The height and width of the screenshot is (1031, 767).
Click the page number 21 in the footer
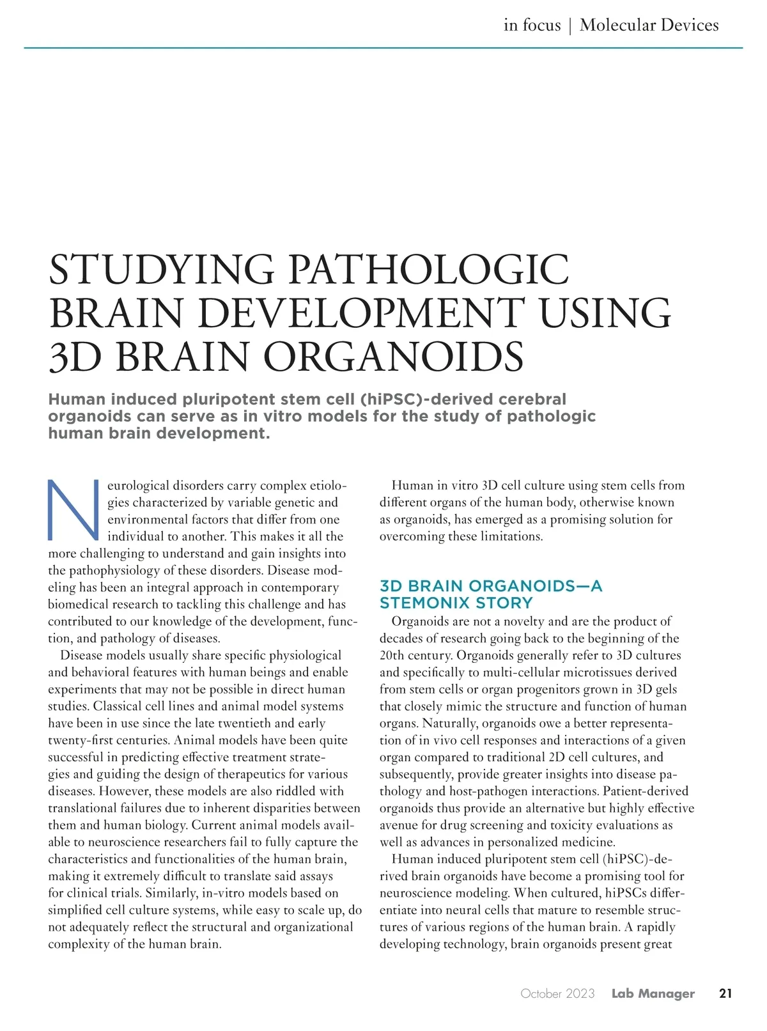click(x=725, y=993)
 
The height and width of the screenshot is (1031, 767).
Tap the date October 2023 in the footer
click(x=557, y=993)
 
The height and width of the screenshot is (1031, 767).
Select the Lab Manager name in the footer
click(x=653, y=993)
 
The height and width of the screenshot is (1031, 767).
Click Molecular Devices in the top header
click(x=649, y=25)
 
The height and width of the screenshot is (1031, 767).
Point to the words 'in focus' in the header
click(x=532, y=25)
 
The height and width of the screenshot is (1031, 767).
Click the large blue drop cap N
click(x=73, y=509)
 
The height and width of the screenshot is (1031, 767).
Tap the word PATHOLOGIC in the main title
click(x=429, y=270)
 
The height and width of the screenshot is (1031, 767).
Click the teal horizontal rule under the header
click(x=383, y=48)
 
